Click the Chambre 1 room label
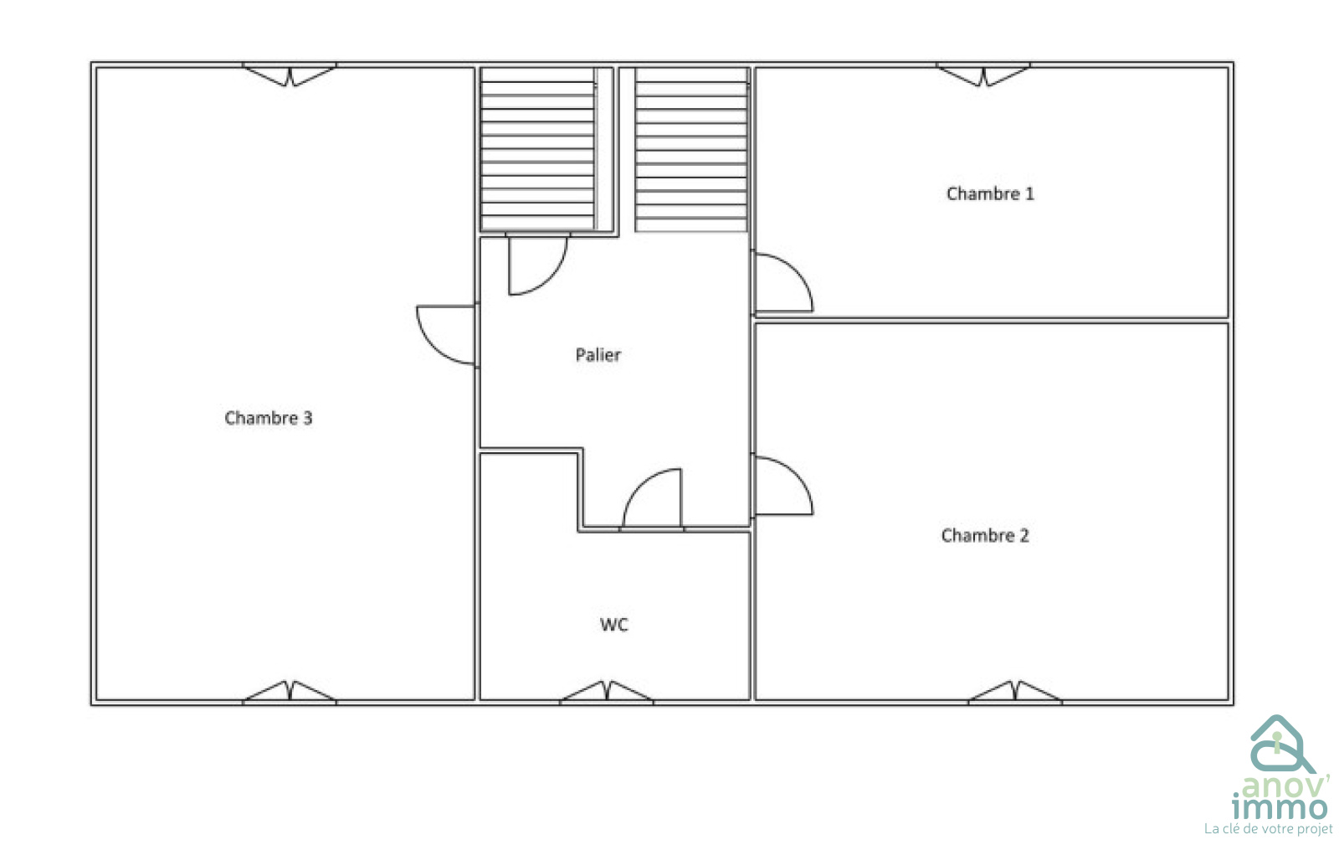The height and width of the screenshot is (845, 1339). [990, 193]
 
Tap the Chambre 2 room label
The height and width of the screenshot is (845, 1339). [985, 535]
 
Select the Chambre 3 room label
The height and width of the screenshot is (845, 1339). [269, 417]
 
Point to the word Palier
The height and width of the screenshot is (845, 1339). [598, 354]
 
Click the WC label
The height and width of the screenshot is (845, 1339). [614, 625]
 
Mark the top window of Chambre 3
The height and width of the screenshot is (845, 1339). [290, 75]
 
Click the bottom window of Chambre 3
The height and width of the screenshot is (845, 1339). [290, 692]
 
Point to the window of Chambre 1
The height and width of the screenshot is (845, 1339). [982, 75]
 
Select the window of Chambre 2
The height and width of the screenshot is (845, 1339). [1015, 692]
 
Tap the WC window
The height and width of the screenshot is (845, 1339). [606, 692]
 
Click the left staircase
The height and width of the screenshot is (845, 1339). [538, 149]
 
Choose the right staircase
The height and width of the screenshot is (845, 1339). [691, 149]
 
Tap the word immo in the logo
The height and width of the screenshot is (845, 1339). [1280, 808]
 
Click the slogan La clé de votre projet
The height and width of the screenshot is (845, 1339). [1268, 829]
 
